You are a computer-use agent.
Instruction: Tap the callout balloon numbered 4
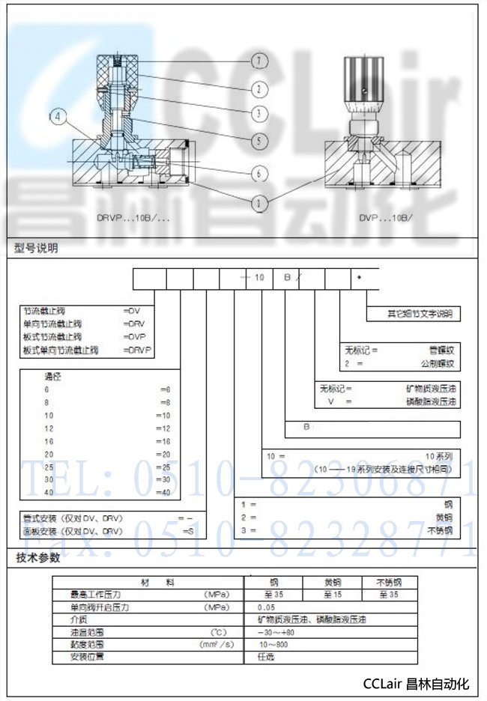pos(59,116)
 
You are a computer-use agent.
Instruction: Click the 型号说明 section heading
pos(37,248)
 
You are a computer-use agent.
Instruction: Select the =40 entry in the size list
pos(166,492)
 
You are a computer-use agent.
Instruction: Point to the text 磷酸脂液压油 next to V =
pos(432,402)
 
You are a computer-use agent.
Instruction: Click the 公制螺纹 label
pos(437,363)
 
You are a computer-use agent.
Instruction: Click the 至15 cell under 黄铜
pos(332,595)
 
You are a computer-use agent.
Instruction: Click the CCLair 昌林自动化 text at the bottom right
pos(415,683)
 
